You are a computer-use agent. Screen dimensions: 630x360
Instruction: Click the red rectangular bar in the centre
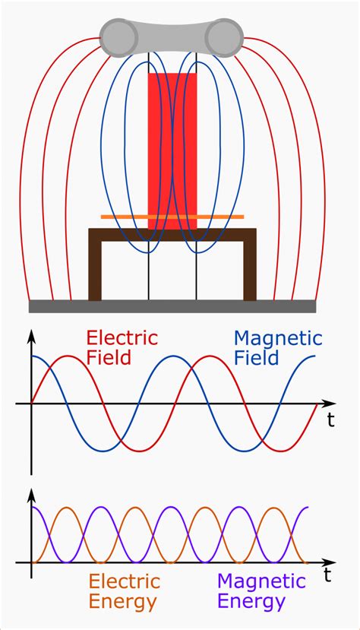pos(172,144)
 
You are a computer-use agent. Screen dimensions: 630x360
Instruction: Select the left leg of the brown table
pos(95,270)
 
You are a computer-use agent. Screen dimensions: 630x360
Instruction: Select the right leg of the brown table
pos(249,270)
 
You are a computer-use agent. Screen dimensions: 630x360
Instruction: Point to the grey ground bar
pos(172,306)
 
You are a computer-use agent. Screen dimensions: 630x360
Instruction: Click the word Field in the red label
pos(109,356)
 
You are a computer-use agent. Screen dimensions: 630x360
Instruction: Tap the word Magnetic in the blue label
pos(278,338)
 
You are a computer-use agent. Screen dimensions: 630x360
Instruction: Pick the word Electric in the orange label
pos(125,582)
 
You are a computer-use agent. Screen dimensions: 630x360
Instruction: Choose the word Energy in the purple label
pos(251,603)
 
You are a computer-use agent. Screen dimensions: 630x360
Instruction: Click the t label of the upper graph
pos(332,419)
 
